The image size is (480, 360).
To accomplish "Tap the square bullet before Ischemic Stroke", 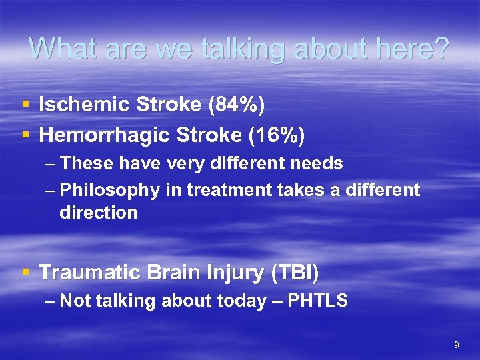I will [x=25, y=105].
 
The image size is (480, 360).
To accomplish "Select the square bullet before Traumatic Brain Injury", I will [x=25, y=272].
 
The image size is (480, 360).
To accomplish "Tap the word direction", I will [x=98, y=213].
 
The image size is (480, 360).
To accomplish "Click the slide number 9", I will [x=456, y=345].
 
